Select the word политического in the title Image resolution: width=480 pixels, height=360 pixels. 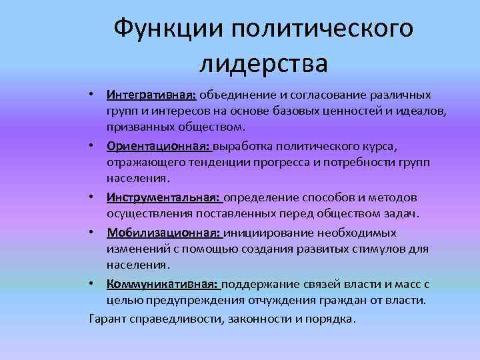(321, 28)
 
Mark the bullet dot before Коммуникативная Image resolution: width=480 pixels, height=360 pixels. (96, 284)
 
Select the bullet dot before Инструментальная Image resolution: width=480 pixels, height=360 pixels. (96, 197)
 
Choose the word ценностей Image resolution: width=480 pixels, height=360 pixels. (327, 110)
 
